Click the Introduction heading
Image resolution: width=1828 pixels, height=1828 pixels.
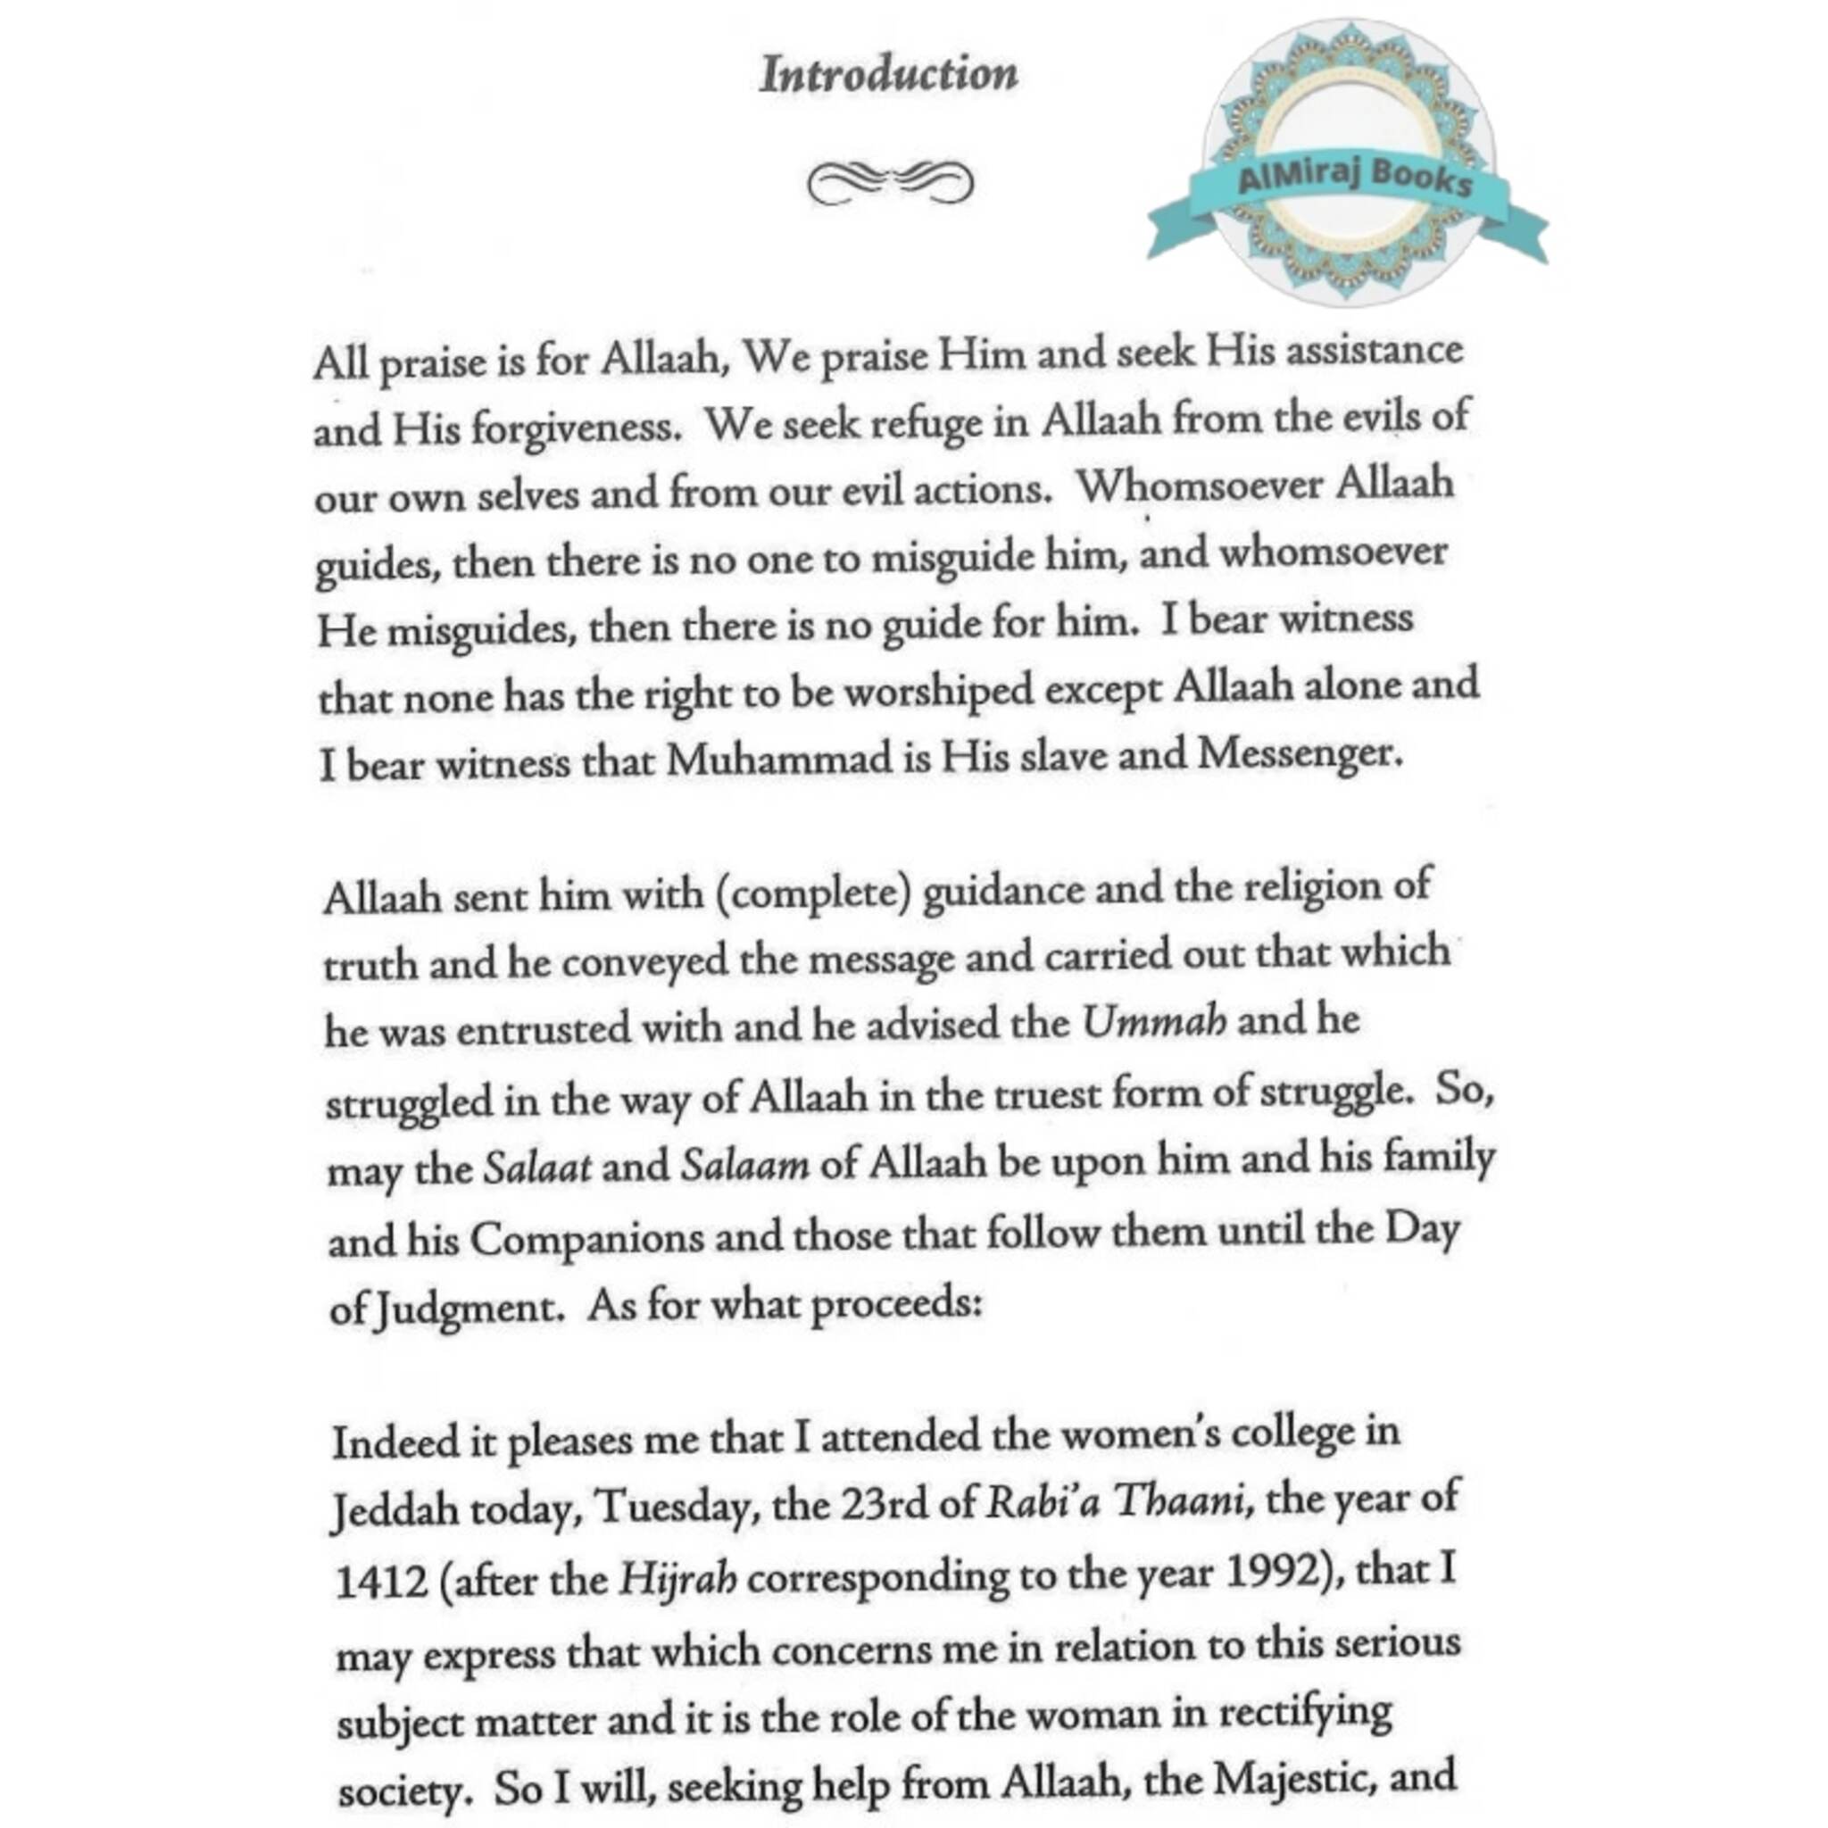click(x=888, y=75)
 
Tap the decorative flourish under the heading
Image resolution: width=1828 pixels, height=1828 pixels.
click(x=889, y=183)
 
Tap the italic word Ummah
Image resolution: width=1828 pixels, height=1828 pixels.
click(x=1153, y=1023)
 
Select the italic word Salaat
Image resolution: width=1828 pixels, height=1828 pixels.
click(x=537, y=1167)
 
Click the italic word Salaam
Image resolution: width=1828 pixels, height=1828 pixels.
click(x=744, y=1165)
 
